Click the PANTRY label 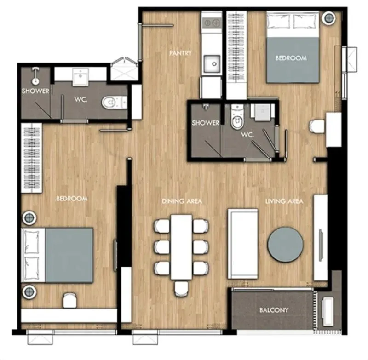click(180, 53)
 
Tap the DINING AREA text click(182, 201)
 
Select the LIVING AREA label click(284, 201)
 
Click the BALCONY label click(274, 310)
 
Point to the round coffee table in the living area click(286, 245)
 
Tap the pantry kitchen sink click(212, 64)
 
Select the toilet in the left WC click(114, 103)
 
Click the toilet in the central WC click(237, 119)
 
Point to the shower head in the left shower click(35, 76)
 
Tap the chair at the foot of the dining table click(181, 289)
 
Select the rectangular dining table click(181, 247)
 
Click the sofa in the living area click(243, 244)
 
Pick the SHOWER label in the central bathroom click(205, 123)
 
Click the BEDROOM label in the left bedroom click(72, 199)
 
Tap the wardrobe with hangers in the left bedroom click(32, 158)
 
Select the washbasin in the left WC click(80, 77)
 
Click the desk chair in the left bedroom click(70, 300)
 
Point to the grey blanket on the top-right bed click(293, 60)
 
